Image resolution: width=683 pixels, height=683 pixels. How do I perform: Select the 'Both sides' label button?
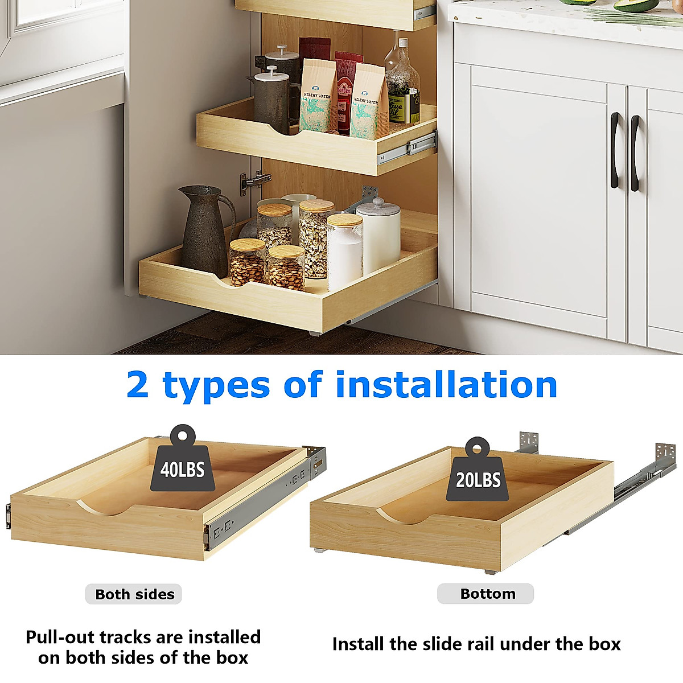pyautogui.click(x=134, y=594)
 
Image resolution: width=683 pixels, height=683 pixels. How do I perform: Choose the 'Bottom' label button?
pyautogui.click(x=487, y=594)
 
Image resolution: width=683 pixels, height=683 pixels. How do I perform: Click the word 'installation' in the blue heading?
pyautogui.click(x=446, y=385)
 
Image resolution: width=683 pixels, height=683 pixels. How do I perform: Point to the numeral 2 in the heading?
pyautogui.click(x=138, y=385)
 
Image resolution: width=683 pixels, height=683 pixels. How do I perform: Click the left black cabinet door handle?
pyautogui.click(x=615, y=150)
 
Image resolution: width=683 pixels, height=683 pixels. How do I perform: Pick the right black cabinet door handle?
pyautogui.click(x=635, y=153)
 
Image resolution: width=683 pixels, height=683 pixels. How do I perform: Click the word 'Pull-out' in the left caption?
pyautogui.click(x=60, y=637)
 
